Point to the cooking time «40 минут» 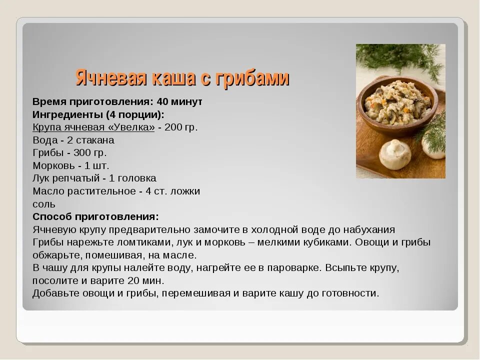point(179,101)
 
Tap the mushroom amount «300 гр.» point(90,152)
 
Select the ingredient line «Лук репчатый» point(66,178)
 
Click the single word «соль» point(44,204)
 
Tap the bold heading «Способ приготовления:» point(95,216)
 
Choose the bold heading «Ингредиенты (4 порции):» point(98,114)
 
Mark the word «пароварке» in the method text point(292,267)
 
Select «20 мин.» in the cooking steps point(146,280)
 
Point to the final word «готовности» point(350,293)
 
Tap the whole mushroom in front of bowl point(394,154)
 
